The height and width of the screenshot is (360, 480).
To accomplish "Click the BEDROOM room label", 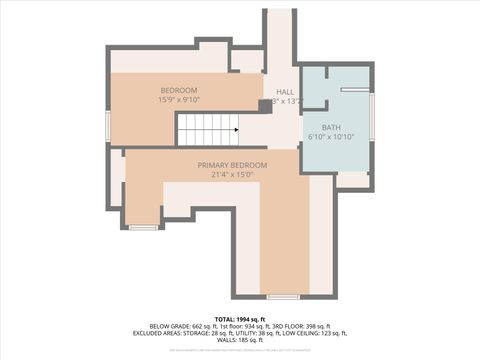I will click(179, 90).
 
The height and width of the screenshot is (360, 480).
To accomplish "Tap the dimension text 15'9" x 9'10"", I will click(179, 100).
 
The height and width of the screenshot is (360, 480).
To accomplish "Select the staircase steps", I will click(205, 129).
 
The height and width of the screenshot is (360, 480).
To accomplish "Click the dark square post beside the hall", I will click(265, 104).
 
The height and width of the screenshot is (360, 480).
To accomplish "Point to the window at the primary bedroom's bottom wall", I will click(283, 297).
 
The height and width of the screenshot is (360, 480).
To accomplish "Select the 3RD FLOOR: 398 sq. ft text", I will click(296, 326).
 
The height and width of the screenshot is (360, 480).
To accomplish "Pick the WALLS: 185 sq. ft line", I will click(240, 342).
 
